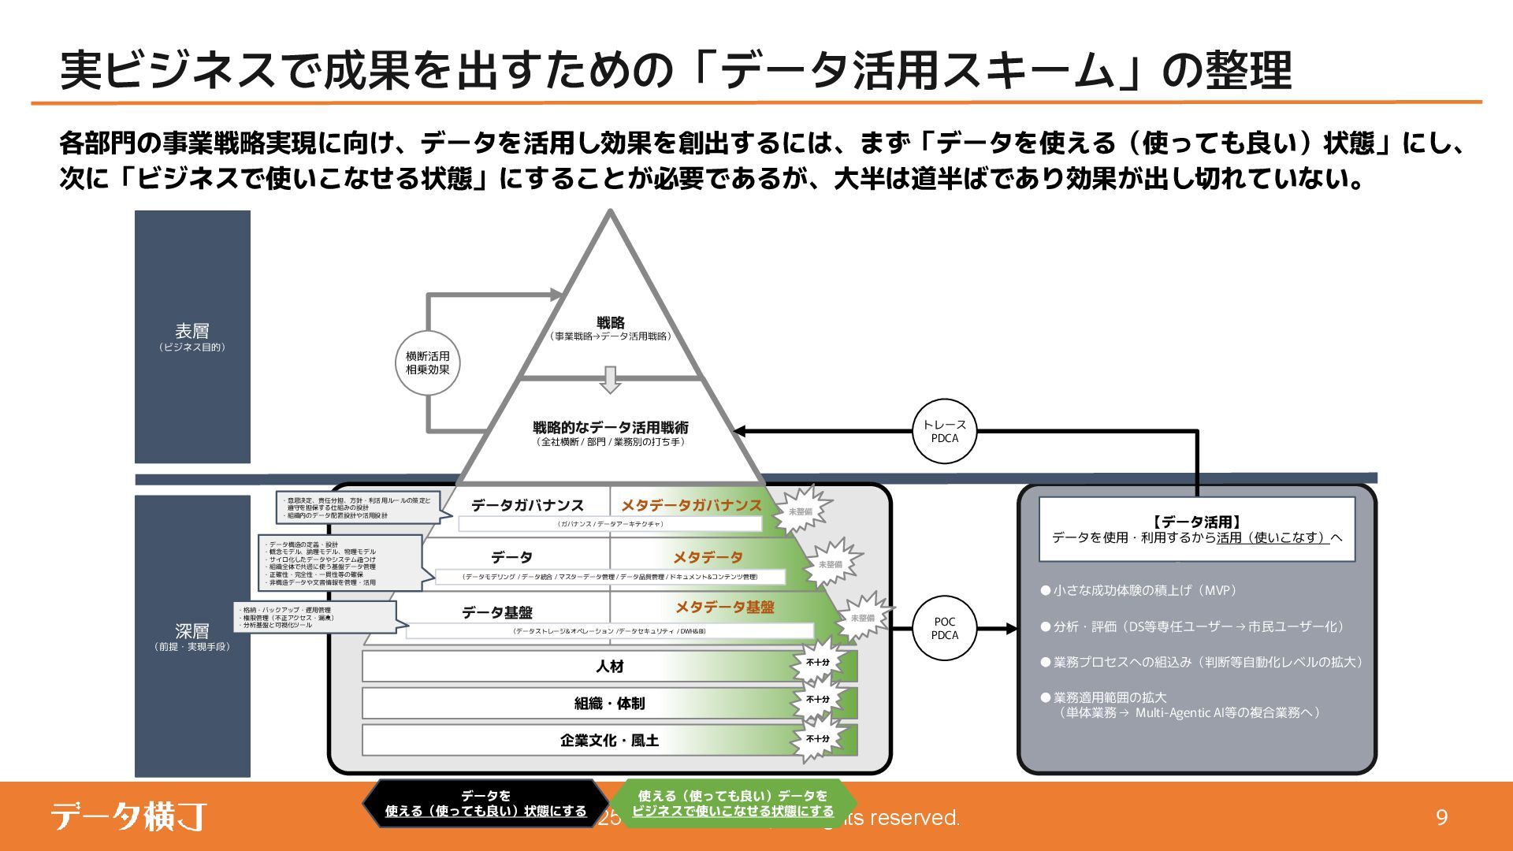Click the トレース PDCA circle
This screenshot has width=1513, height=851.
[944, 431]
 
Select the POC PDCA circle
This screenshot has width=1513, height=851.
[944, 628]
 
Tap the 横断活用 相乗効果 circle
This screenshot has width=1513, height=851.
[427, 363]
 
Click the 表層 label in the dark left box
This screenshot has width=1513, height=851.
[192, 332]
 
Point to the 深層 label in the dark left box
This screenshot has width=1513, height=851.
[192, 631]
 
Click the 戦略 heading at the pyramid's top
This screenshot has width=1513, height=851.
[610, 322]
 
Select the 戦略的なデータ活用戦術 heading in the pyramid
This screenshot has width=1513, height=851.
[610, 427]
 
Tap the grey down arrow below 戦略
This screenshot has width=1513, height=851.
[610, 379]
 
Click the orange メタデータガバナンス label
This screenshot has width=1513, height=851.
[691, 505]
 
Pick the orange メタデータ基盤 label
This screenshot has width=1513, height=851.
[724, 607]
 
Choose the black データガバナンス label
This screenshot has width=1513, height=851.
[527, 505]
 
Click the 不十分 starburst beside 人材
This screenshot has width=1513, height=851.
[817, 663]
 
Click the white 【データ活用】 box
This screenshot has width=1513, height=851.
[1196, 529]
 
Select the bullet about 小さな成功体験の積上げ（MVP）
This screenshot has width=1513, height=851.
[1139, 590]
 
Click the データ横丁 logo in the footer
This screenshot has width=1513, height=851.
[128, 816]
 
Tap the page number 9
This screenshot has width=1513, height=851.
[1441, 817]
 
